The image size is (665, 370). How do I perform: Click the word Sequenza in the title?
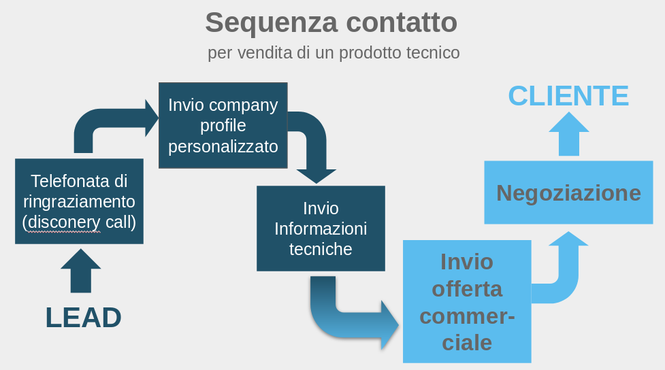(271, 22)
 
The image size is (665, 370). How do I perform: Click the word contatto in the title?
(402, 22)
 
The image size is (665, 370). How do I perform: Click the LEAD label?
(84, 318)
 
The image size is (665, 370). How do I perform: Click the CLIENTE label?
(568, 96)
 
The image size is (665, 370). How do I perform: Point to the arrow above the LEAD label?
(80, 271)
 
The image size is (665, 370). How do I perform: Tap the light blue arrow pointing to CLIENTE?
(569, 134)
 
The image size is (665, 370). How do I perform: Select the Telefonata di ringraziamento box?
(80, 201)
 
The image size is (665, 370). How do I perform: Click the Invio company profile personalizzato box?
(223, 125)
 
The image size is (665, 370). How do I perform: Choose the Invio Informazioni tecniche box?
(321, 229)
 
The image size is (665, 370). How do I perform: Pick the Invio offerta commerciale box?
(467, 301)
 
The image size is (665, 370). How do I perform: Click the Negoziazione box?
(569, 192)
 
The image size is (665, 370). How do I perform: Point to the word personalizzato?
(223, 147)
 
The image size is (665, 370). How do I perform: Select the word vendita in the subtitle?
(265, 53)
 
